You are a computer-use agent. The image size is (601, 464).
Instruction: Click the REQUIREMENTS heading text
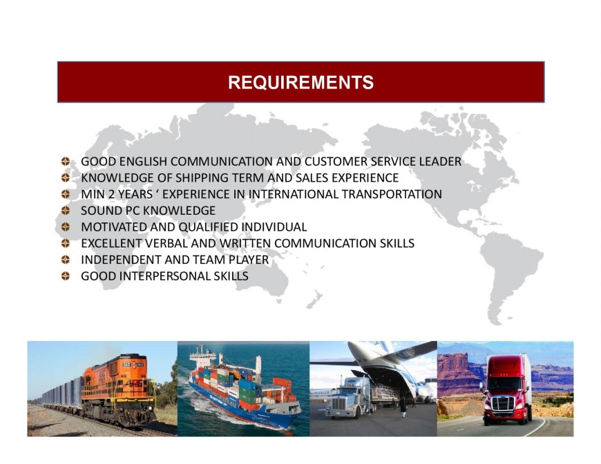click(x=300, y=83)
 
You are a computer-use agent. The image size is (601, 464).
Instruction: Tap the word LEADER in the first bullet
click(x=440, y=162)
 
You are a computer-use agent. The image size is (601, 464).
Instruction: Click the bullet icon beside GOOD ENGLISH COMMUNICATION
click(x=66, y=162)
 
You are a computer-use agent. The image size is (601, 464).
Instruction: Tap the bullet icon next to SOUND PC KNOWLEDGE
click(x=66, y=211)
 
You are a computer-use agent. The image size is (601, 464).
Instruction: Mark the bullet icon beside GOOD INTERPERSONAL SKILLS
click(x=66, y=277)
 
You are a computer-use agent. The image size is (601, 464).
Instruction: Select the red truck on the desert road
click(x=506, y=390)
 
